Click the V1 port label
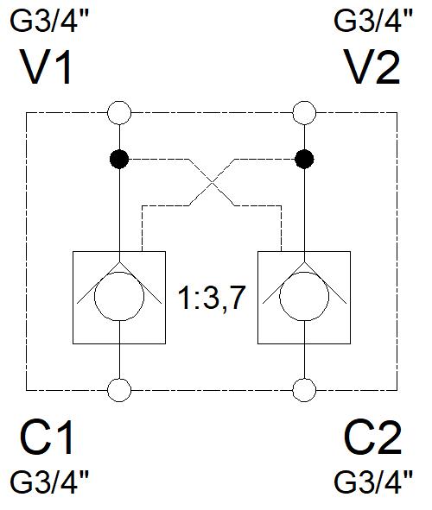tap(47, 67)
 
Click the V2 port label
tap(373, 67)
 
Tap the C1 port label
tap(47, 438)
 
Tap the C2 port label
tap(373, 438)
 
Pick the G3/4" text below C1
tap(49, 482)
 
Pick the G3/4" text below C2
tap(373, 482)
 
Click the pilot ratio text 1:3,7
tap(211, 299)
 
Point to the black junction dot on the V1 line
tap(119, 160)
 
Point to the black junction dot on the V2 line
tap(304, 160)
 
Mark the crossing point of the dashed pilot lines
tap(212, 182)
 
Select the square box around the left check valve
tap(73, 297)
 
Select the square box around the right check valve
tap(257, 297)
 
